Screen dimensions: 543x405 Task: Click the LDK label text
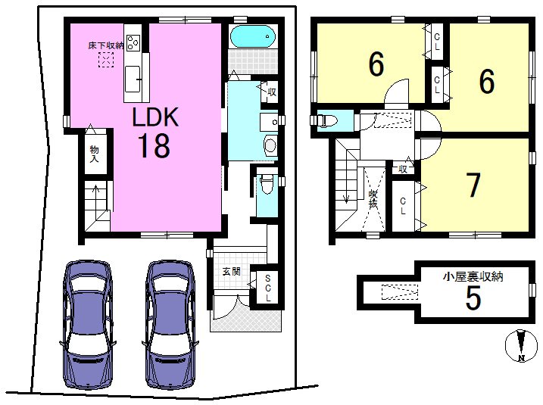(155, 117)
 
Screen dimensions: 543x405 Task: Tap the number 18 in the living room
(154, 146)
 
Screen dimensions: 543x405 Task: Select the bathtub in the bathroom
(253, 36)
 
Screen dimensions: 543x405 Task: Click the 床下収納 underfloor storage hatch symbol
(106, 60)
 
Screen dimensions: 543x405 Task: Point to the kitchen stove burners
(133, 43)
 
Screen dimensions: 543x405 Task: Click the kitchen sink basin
(133, 79)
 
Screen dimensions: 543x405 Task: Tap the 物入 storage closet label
(94, 154)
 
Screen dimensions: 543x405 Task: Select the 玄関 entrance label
(231, 271)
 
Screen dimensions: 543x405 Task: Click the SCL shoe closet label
(268, 288)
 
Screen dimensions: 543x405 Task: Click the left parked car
(88, 325)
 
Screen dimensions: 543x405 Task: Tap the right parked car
(170, 325)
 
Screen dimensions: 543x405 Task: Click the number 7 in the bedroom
(473, 185)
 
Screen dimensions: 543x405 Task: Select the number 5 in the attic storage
(473, 298)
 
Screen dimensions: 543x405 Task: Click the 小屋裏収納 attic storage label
(473, 276)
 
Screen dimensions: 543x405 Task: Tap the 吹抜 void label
(373, 199)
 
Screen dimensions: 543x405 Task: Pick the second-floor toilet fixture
(328, 121)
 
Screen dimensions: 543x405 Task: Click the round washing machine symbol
(270, 145)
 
